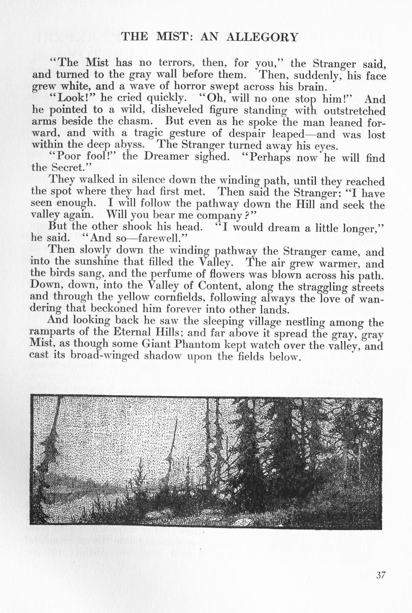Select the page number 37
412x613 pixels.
(380, 575)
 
